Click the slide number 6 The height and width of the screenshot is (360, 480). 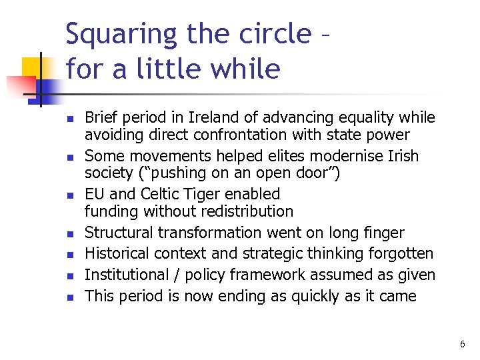[462, 344]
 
